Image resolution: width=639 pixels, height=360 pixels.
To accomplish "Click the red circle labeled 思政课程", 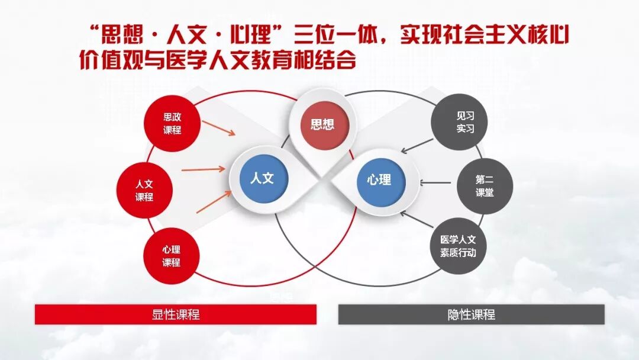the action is tap(172, 124).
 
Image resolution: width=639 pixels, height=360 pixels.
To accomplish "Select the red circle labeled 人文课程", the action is tap(144, 191).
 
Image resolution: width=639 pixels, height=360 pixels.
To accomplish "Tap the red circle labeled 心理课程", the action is tap(172, 256).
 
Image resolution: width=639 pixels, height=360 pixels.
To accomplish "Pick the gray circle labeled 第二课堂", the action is tap(485, 185).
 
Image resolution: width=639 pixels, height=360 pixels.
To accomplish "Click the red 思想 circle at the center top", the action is tap(322, 124).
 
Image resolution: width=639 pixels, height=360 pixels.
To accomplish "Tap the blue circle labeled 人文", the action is tap(262, 178).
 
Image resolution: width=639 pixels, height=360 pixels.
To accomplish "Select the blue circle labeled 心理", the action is tap(379, 179).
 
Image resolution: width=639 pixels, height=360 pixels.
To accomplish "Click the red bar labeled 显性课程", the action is tap(176, 314).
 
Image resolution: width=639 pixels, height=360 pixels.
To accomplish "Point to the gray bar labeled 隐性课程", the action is tap(471, 314).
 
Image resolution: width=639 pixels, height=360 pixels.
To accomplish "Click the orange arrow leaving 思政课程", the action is tap(218, 128).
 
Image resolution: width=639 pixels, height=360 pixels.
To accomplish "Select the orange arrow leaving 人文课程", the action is tap(204, 170).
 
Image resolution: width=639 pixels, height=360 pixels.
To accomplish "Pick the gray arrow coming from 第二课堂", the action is tap(437, 182).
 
